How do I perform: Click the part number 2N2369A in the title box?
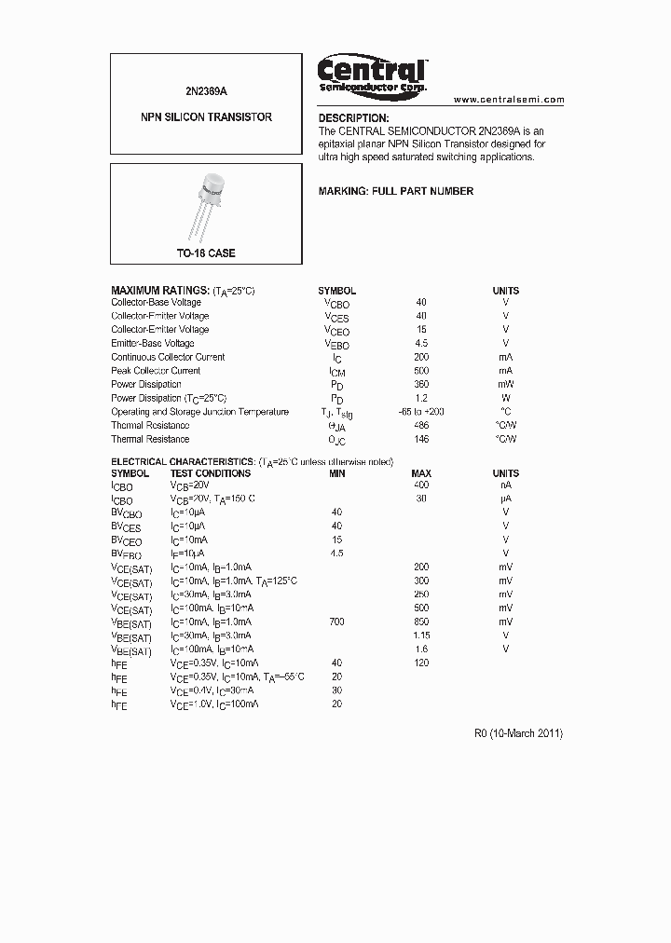pos(206,89)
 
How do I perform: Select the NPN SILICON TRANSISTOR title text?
pos(206,117)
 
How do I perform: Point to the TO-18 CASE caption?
pos(206,253)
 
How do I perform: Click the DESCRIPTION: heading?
pos(353,118)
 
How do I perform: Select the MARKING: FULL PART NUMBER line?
pos(396,191)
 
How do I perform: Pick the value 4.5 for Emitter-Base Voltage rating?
pos(421,343)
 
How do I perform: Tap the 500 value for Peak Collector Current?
pos(421,370)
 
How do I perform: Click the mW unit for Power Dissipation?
pos(506,384)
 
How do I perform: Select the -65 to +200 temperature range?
pos(421,411)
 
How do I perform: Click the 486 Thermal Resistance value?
pos(421,425)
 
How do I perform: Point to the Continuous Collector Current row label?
pos(168,357)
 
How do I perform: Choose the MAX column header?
pos(421,473)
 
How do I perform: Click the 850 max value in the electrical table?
pos(421,622)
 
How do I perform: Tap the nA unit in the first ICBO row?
pos(506,485)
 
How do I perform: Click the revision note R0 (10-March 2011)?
pos(518,733)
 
